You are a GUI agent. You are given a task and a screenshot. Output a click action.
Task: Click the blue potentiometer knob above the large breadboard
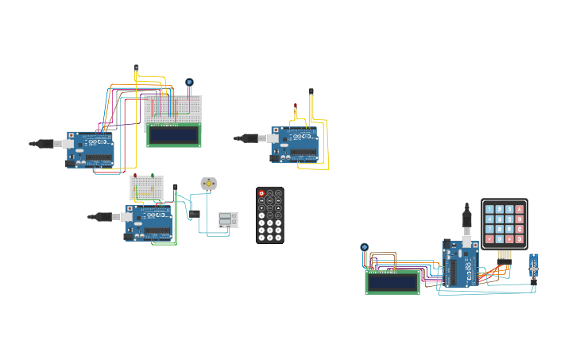coord(189,82)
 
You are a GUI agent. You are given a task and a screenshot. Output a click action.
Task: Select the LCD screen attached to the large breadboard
coord(174,135)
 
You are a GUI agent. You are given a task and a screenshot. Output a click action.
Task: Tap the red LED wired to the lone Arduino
coord(296,106)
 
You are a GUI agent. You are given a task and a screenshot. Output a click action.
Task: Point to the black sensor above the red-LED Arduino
coord(311,92)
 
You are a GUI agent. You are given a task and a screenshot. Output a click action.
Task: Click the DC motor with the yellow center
coord(209,184)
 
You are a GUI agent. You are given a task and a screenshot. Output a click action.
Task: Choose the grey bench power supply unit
coord(228,220)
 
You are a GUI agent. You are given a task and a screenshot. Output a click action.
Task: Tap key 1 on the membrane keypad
coord(490,209)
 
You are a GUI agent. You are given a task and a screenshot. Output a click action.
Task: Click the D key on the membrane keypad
coord(520,238)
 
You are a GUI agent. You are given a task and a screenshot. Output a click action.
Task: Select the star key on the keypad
coord(490,238)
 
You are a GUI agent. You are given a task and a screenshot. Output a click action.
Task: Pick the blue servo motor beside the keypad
coord(533,267)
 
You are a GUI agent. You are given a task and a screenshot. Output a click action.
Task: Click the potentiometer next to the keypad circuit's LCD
coord(365,247)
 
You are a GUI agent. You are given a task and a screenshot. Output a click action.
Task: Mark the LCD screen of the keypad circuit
coord(392,281)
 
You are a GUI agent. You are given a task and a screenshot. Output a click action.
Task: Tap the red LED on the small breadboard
coord(135,176)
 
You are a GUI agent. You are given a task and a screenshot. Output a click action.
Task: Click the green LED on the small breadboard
coord(153,176)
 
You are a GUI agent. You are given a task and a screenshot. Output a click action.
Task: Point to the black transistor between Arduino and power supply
coord(194,213)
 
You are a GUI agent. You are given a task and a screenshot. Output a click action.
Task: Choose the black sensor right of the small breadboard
coord(176,188)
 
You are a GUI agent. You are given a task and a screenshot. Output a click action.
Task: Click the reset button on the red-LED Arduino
coord(274,130)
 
